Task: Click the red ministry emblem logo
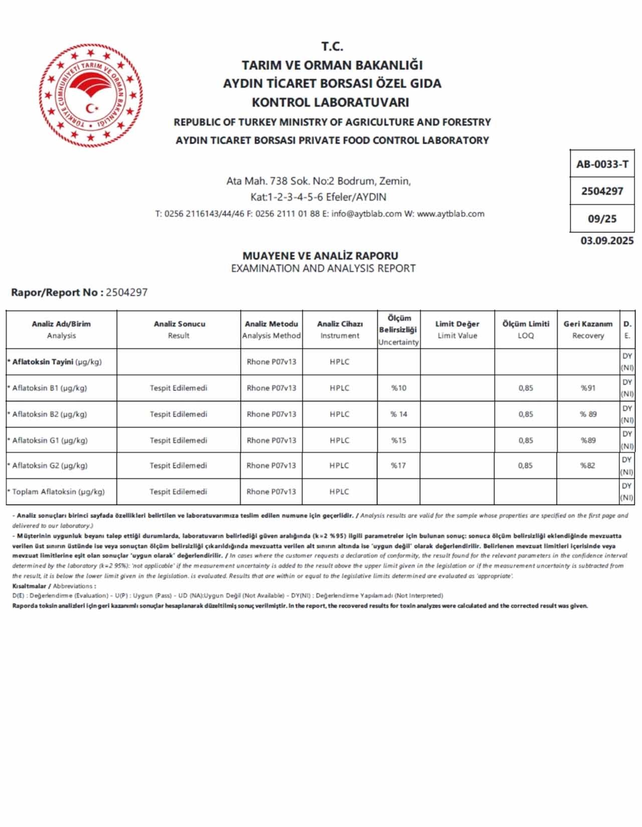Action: click(x=91, y=96)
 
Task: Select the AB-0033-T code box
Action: click(x=602, y=164)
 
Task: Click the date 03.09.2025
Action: click(x=607, y=241)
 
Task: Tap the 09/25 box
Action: click(x=602, y=219)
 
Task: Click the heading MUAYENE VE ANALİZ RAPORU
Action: click(x=320, y=256)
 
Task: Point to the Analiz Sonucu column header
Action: click(x=179, y=329)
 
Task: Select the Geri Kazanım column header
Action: click(x=588, y=329)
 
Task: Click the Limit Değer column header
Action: click(x=457, y=329)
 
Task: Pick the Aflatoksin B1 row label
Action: click(x=49, y=388)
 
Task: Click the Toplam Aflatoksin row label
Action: click(x=58, y=492)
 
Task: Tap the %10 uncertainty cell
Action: click(x=399, y=388)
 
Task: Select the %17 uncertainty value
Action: click(x=398, y=466)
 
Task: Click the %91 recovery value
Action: click(x=588, y=388)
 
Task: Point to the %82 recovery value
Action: click(x=588, y=466)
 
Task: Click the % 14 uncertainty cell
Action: click(x=399, y=414)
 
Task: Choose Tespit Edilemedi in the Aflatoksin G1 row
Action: click(x=178, y=441)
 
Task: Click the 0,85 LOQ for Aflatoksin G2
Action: click(x=526, y=466)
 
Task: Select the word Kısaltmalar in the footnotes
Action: click(x=29, y=586)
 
